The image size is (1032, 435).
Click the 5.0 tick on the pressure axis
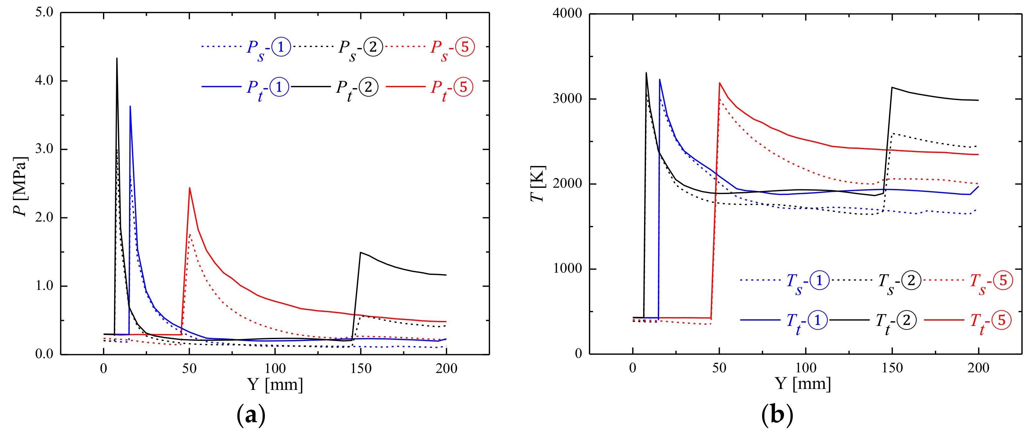(x=44, y=12)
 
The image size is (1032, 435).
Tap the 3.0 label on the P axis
(x=44, y=149)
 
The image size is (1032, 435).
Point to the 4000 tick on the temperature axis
(x=567, y=13)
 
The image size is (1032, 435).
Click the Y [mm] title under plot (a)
(x=275, y=385)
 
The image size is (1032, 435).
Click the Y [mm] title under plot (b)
(x=803, y=384)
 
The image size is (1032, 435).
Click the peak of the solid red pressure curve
(x=189, y=188)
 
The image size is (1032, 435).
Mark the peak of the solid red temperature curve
(x=720, y=83)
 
